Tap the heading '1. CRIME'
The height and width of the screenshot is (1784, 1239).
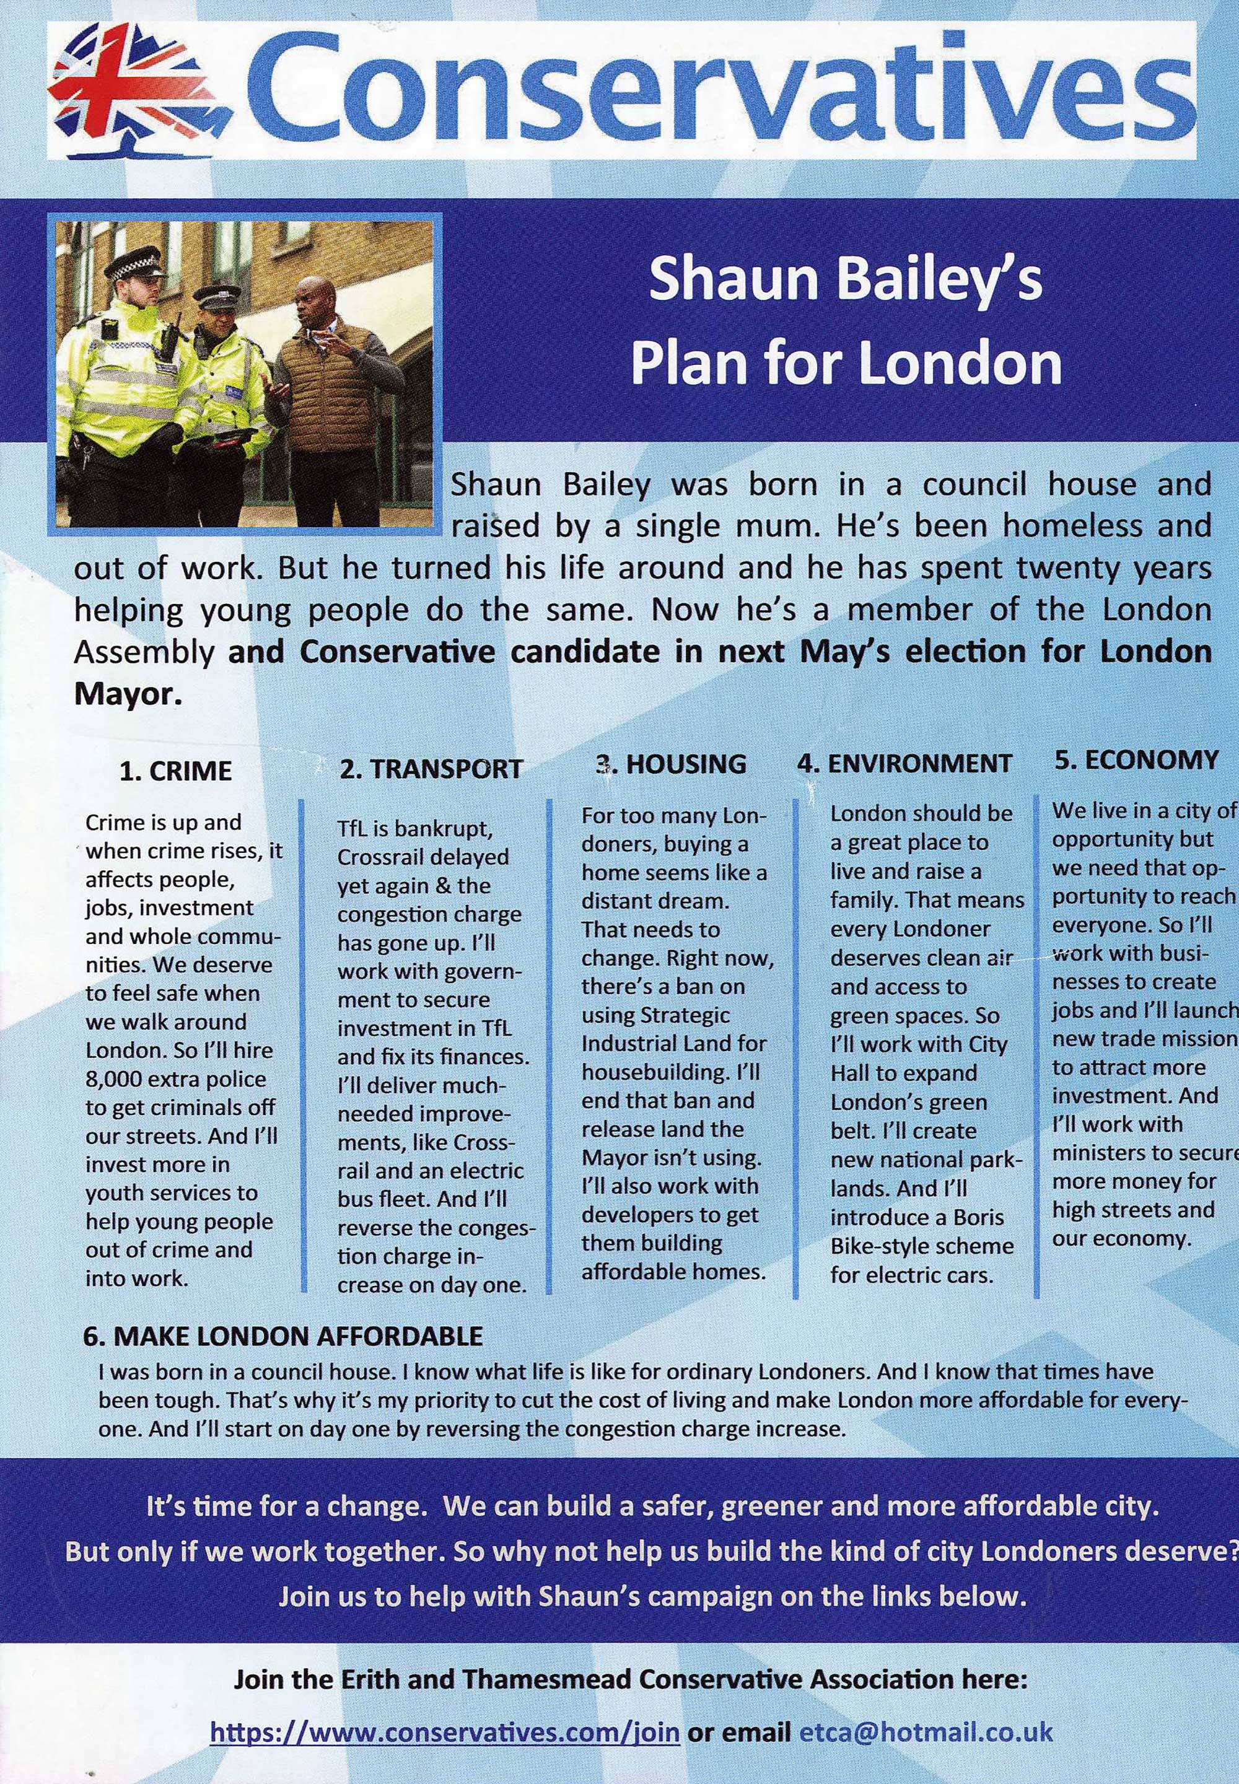(176, 771)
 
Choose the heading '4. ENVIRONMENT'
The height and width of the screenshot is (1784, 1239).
(904, 764)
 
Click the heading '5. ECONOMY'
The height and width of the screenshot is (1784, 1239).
(1137, 759)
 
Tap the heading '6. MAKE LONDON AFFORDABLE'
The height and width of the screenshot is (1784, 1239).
(282, 1336)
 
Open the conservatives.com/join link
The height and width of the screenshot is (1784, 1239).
(445, 1731)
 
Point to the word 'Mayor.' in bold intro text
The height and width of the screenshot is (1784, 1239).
(128, 693)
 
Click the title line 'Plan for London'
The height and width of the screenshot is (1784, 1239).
(846, 364)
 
